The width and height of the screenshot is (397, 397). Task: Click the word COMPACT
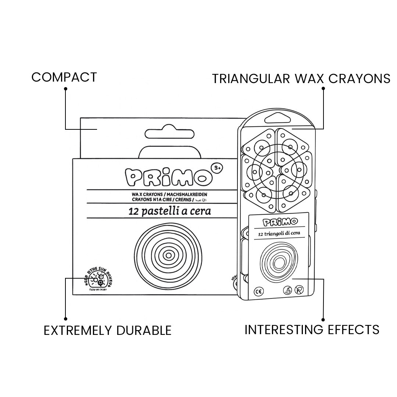click(64, 77)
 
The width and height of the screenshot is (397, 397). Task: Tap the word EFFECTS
click(354, 329)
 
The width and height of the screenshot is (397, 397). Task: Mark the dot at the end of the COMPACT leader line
click(65, 89)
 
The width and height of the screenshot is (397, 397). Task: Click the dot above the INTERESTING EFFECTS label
click(323, 319)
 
